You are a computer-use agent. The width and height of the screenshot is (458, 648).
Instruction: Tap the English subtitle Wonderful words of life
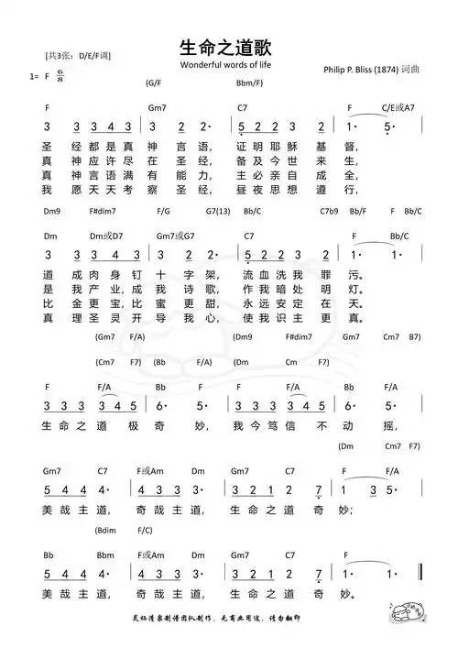226,67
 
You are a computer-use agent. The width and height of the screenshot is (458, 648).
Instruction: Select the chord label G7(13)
217,211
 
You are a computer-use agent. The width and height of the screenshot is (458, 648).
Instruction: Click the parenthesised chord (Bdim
105,530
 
